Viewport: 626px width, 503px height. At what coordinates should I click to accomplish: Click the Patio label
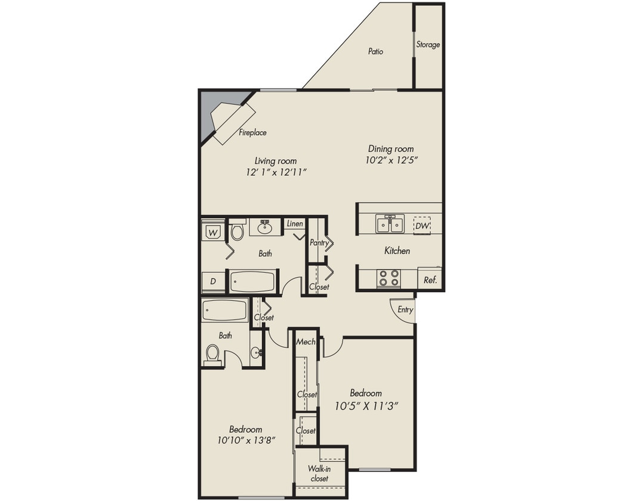pyautogui.click(x=375, y=52)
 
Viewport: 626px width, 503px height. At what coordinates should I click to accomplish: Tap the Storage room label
pyautogui.click(x=428, y=45)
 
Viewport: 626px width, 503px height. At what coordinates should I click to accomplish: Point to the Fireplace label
pyautogui.click(x=252, y=133)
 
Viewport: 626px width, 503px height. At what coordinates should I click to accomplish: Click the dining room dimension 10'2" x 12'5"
pyautogui.click(x=390, y=160)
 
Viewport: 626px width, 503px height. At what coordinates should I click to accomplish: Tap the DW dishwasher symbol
pyautogui.click(x=422, y=225)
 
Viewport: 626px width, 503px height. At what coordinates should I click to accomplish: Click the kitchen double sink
pyautogui.click(x=389, y=225)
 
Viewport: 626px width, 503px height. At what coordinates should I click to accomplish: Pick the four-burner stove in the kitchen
pyautogui.click(x=389, y=278)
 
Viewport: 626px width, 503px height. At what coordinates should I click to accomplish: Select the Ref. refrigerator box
pyautogui.click(x=430, y=280)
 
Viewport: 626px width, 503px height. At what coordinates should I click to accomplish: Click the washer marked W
pyautogui.click(x=213, y=231)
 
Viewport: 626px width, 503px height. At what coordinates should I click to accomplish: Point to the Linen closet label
pyautogui.click(x=295, y=224)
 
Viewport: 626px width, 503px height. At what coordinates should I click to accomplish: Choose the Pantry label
pyautogui.click(x=319, y=243)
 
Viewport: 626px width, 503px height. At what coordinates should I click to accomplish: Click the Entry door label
pyautogui.click(x=405, y=310)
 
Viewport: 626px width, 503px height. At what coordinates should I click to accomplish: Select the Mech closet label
pyautogui.click(x=306, y=341)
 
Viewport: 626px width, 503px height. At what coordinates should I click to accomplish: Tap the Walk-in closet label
pyautogui.click(x=319, y=473)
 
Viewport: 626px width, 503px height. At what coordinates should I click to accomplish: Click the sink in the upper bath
pyautogui.click(x=266, y=226)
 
